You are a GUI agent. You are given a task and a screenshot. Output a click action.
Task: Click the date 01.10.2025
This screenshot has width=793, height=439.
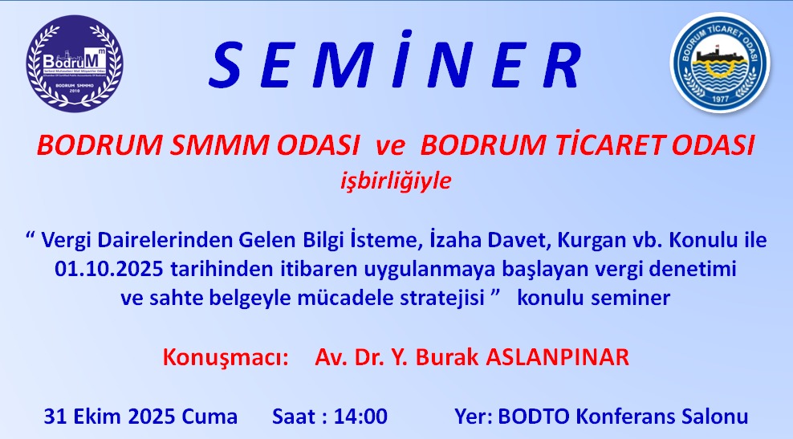coord(110,269)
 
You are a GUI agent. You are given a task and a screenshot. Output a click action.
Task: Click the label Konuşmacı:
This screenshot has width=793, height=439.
coord(226,357)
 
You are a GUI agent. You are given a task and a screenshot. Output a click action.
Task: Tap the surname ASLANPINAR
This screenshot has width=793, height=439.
coord(558,357)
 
